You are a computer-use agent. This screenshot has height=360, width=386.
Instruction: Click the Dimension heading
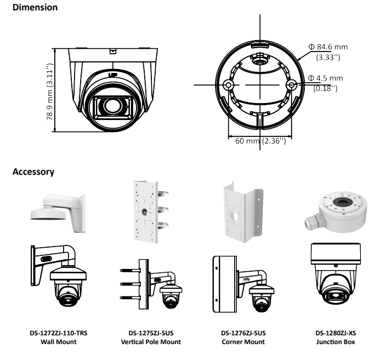[35, 8]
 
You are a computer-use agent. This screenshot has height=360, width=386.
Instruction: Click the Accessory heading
[33, 172]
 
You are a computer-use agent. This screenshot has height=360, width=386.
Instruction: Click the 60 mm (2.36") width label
[260, 141]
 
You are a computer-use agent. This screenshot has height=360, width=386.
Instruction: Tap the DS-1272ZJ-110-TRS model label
[59, 333]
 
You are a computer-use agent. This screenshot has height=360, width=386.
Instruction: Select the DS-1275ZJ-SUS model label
[151, 333]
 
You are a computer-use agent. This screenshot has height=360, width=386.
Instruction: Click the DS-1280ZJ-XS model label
[336, 333]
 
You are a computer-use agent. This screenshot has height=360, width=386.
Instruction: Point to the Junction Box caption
[336, 342]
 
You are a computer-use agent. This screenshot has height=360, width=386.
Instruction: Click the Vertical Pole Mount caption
[151, 342]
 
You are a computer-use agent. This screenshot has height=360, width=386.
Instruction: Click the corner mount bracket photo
[242, 212]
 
